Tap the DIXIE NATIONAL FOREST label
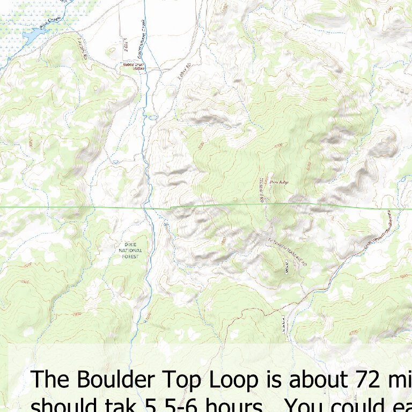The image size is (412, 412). point(130,251)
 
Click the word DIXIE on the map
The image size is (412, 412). point(130,245)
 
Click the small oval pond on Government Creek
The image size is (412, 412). point(153,116)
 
